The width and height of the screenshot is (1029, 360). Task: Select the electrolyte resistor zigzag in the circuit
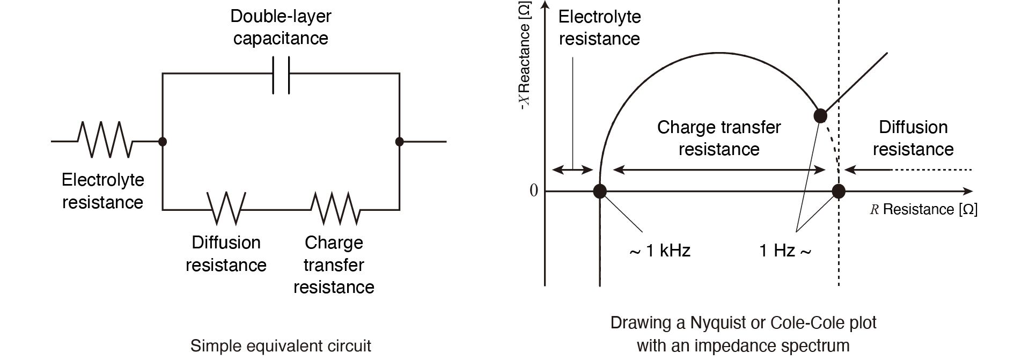(105, 140)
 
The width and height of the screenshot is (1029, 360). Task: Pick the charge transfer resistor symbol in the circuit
(335, 208)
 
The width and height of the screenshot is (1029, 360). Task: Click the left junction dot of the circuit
(163, 142)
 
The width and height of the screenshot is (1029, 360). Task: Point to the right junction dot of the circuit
(399, 142)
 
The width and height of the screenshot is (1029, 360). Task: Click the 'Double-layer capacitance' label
(281, 27)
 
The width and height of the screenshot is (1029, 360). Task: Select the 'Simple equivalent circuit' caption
(281, 346)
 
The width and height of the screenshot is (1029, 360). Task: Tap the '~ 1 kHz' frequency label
(659, 251)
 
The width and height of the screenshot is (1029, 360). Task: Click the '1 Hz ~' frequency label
(785, 251)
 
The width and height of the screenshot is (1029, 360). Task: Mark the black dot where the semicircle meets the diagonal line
(820, 115)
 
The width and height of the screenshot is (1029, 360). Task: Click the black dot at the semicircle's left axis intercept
(600, 191)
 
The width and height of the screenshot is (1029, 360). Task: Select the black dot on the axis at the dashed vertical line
(839, 191)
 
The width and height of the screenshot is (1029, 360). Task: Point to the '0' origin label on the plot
(533, 190)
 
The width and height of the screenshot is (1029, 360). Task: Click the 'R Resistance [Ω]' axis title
(923, 209)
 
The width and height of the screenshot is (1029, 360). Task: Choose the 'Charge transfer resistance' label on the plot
(719, 138)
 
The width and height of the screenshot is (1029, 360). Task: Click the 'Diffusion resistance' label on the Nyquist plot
(913, 138)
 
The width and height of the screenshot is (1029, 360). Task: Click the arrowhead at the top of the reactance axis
(545, 5)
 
